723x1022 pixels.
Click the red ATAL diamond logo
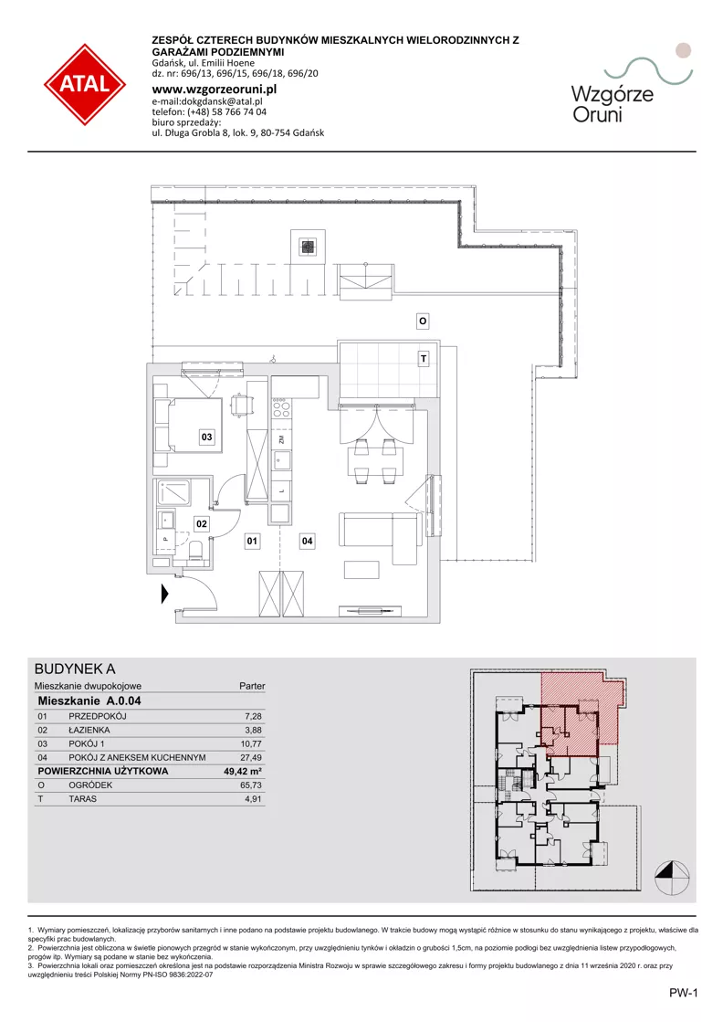(85, 84)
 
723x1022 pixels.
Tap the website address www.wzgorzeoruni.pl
(215, 90)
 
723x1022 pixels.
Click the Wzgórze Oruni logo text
(613, 104)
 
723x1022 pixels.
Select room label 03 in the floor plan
(206, 437)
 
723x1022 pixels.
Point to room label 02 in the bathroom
(202, 523)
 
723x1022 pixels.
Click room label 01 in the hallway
(252, 541)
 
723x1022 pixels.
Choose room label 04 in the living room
(307, 541)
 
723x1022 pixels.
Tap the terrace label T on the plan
(424, 359)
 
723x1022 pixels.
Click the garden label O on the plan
(423, 321)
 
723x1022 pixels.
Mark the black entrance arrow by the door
(165, 594)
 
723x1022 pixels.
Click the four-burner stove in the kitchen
(281, 408)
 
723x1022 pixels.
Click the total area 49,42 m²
(242, 771)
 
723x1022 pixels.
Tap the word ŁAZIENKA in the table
(89, 730)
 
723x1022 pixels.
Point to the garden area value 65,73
(251, 785)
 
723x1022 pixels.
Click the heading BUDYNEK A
(75, 669)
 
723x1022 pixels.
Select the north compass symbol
(672, 878)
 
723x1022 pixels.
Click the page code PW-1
(683, 994)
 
